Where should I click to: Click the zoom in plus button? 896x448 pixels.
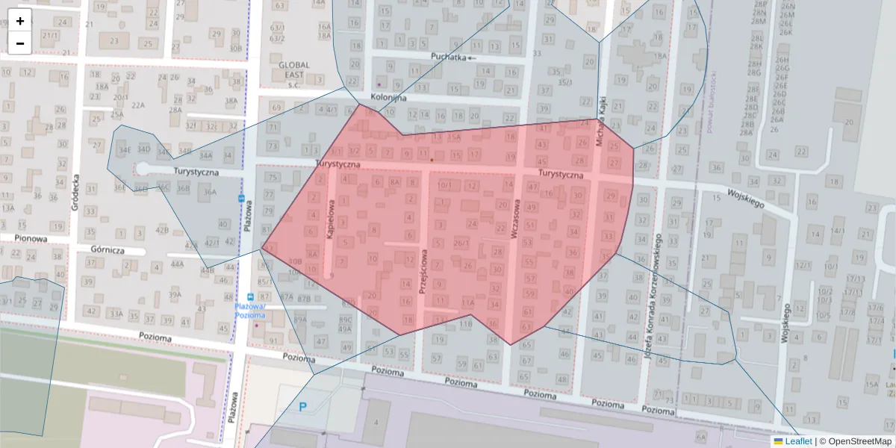coord(20,21)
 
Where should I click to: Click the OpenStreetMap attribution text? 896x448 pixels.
coord(855,441)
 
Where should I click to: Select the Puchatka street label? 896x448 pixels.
coord(449,57)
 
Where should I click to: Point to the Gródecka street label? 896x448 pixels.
coord(75,193)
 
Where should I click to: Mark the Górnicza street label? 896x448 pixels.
coord(107,251)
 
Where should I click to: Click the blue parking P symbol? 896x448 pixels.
coord(302,407)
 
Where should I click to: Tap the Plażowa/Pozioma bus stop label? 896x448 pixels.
coord(249,311)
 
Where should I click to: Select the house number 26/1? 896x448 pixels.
coord(461,242)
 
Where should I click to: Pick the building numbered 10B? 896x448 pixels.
coord(295,261)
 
